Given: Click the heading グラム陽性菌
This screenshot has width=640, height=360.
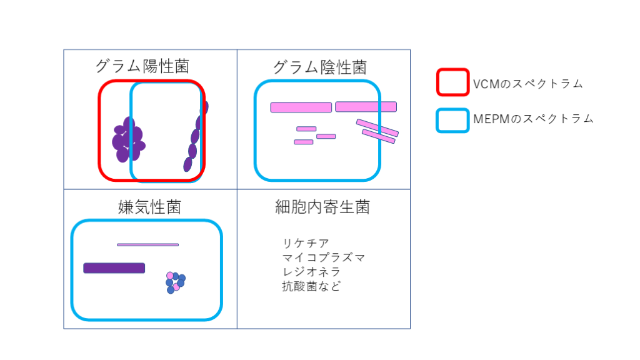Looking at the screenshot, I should pos(142,66).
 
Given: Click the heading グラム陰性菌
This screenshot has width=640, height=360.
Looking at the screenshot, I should pos(319,67).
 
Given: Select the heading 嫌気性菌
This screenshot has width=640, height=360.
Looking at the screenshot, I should pos(149,207).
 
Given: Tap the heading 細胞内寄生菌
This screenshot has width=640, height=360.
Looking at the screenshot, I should pos(322,207).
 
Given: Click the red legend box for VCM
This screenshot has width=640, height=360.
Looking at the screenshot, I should pos(452,82).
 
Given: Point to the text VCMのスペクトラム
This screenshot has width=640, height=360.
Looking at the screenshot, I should pos(527,84).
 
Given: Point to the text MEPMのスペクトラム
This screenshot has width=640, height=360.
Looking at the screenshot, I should pos(533,119).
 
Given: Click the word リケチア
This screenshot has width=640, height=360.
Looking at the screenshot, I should pos(306,243).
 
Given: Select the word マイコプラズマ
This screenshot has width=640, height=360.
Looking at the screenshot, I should pos(323,257).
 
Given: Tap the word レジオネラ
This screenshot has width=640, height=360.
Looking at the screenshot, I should pos(311,272).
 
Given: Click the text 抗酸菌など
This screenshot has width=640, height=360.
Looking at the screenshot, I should pos(311,287).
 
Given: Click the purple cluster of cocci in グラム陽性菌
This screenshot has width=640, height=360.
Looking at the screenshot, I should pos(127,141).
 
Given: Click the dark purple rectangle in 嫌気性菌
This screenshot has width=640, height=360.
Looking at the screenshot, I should pos(114,268).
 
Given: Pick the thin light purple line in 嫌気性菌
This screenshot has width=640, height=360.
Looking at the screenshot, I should pos(147,244).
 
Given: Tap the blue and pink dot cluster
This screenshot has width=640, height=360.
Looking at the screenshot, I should pos(175,282).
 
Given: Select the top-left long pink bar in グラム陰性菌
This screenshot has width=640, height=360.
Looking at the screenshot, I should pos(301,107).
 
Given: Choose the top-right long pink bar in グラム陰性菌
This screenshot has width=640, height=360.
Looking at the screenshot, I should pos(366,107).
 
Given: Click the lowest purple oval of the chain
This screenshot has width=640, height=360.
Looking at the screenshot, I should pos(187,164).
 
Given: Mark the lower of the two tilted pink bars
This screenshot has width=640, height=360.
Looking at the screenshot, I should pos(378,136).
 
